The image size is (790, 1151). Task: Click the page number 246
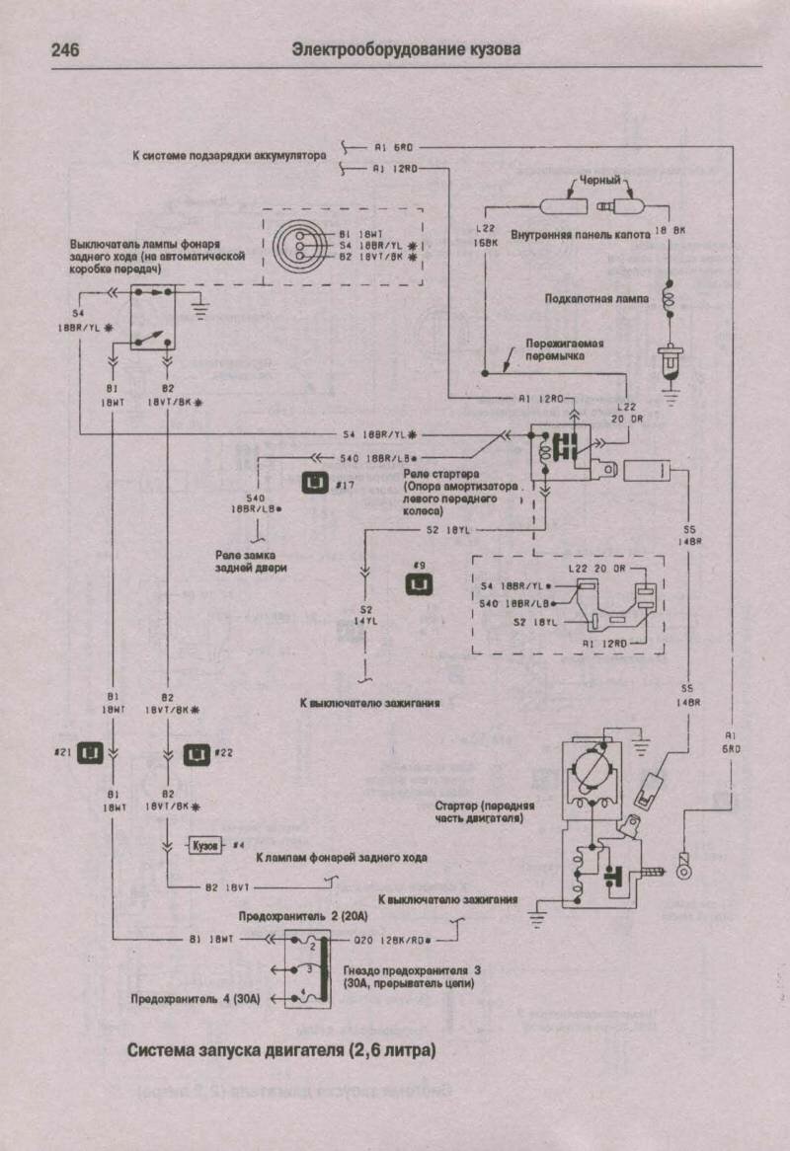[65, 49]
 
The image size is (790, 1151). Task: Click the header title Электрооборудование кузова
[406, 49]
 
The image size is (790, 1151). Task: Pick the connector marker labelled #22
[197, 753]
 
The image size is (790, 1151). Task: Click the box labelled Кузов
[206, 846]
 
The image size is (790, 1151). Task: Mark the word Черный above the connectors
[598, 181]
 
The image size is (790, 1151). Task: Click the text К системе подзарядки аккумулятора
[229, 155]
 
